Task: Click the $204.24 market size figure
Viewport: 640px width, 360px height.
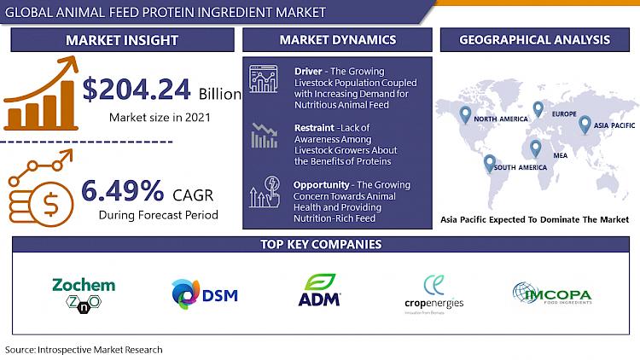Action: click(x=137, y=90)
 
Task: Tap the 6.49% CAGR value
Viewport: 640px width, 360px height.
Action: click(x=122, y=190)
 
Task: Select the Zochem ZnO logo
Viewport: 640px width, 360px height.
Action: click(x=84, y=295)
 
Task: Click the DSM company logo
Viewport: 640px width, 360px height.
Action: click(x=205, y=293)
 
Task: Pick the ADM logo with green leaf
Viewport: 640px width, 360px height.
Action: click(x=320, y=290)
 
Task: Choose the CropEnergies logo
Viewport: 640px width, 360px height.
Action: click(x=433, y=293)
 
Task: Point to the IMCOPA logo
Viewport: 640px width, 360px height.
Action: click(x=552, y=293)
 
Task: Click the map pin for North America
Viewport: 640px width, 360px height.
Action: click(x=465, y=114)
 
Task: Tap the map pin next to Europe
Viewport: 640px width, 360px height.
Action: click(x=538, y=109)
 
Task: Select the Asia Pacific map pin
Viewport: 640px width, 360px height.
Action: click(x=585, y=125)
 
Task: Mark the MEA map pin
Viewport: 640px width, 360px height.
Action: click(x=536, y=148)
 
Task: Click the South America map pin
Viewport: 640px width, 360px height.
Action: click(x=490, y=163)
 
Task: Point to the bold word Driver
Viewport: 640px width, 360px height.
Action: click(x=308, y=72)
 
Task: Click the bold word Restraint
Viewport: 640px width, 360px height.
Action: click(x=314, y=128)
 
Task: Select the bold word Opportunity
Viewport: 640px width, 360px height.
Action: click(x=321, y=185)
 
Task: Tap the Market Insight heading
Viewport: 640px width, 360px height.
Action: click(x=122, y=40)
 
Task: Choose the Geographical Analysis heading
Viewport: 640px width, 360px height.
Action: click(x=535, y=39)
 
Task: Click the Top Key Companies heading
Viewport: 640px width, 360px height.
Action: click(x=321, y=244)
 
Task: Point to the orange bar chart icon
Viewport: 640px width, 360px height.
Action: click(x=41, y=93)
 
